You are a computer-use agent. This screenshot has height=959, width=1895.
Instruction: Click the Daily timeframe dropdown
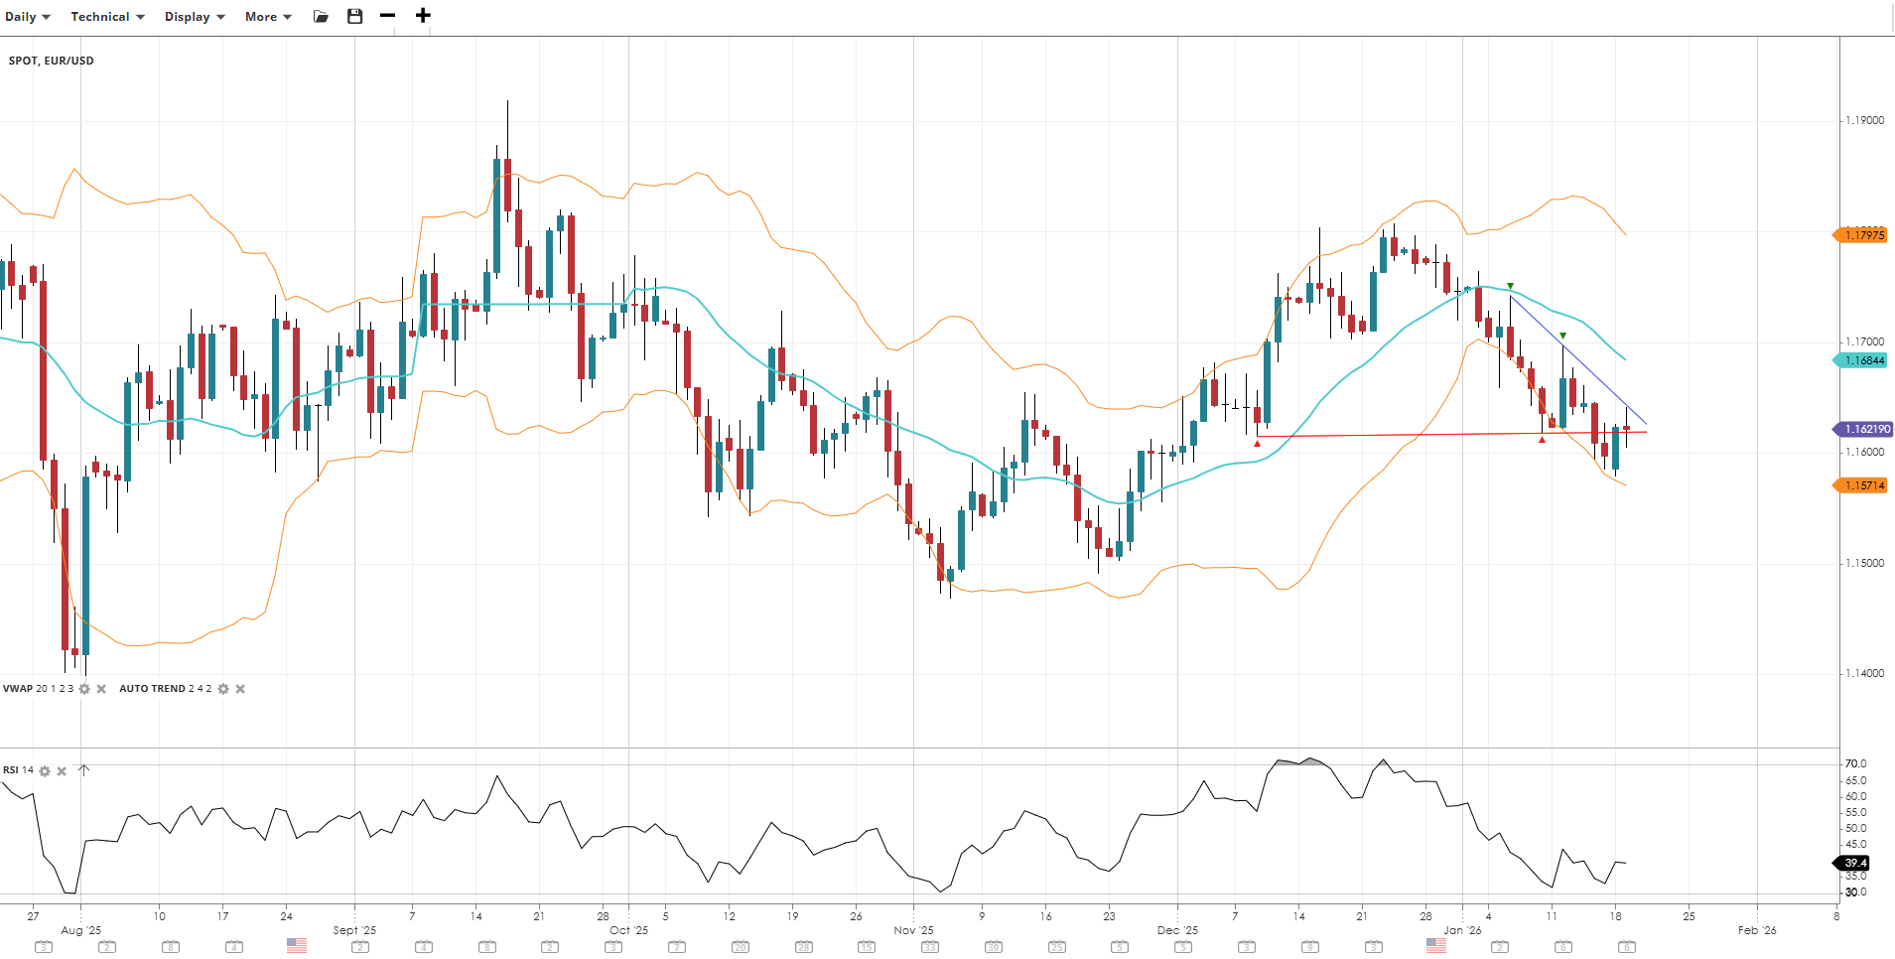pos(27,17)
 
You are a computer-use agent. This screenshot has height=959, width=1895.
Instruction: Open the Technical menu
pos(107,17)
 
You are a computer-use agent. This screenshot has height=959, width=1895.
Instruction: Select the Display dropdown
pos(195,17)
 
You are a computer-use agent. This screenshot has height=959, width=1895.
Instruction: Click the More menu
pos(268,17)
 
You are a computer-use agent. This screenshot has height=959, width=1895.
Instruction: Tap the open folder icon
pos(321,17)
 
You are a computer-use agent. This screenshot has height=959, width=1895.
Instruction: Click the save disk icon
pos(354,17)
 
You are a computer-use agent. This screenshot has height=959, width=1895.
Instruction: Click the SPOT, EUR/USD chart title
pos(52,61)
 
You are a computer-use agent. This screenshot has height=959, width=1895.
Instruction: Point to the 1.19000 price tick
pos(1864,120)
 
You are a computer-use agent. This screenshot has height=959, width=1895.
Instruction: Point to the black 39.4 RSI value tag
pos(1854,863)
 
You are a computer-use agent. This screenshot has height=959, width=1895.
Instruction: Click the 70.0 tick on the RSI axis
pos(1855,763)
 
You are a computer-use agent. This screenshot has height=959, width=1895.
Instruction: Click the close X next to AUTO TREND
pos(240,689)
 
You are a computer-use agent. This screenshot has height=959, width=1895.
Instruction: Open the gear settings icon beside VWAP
pos(84,689)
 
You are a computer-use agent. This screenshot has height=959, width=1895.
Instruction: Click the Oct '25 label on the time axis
pos(628,930)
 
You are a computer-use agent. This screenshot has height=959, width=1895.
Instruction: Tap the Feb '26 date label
pos(1756,930)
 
